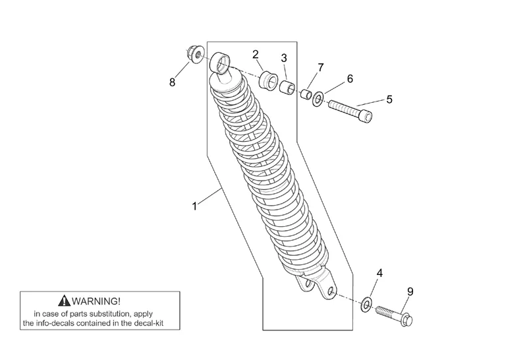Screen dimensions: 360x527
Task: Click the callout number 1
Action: [x=194, y=206]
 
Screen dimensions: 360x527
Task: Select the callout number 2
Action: [x=256, y=54]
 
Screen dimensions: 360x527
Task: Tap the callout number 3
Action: [x=284, y=58]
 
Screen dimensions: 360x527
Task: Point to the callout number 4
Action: [x=379, y=273]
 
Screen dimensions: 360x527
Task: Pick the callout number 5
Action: [x=389, y=99]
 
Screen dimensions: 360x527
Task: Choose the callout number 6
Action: [x=349, y=78]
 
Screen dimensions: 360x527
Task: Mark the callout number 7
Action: [x=321, y=67]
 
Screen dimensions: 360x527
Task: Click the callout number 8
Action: [x=173, y=82]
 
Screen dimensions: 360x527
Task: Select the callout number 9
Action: [x=410, y=291]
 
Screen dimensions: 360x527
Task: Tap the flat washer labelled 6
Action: [x=318, y=100]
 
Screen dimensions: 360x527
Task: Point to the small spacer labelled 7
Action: [x=306, y=94]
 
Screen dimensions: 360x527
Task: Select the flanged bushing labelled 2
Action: [x=269, y=82]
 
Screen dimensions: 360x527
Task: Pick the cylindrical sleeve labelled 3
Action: [x=287, y=88]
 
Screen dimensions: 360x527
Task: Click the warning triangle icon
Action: [x=63, y=300]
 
